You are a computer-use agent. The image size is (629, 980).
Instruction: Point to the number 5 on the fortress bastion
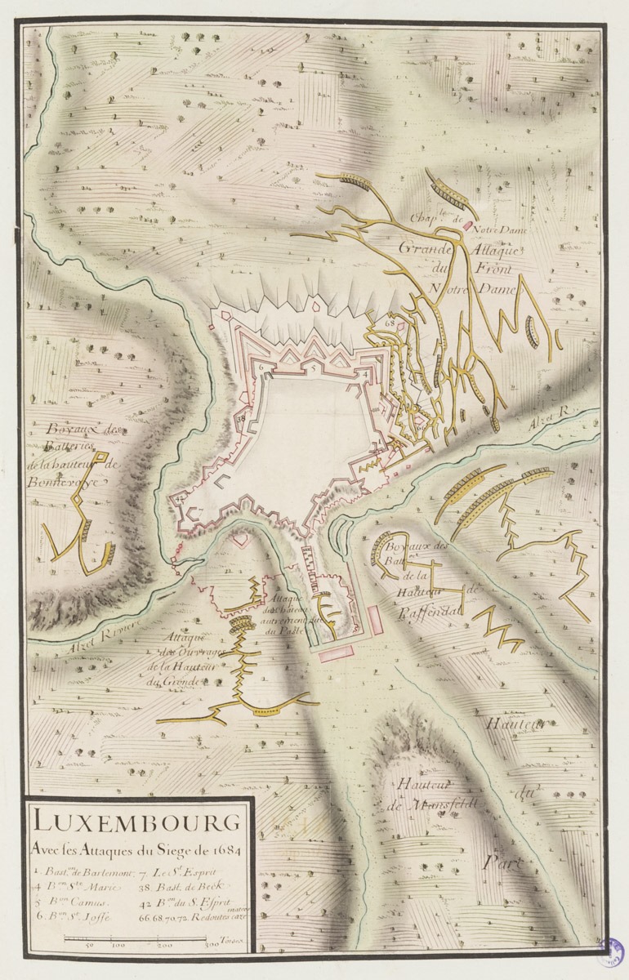pyautogui.click(x=313, y=369)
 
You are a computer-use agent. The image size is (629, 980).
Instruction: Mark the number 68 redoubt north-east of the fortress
pyautogui.click(x=389, y=323)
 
